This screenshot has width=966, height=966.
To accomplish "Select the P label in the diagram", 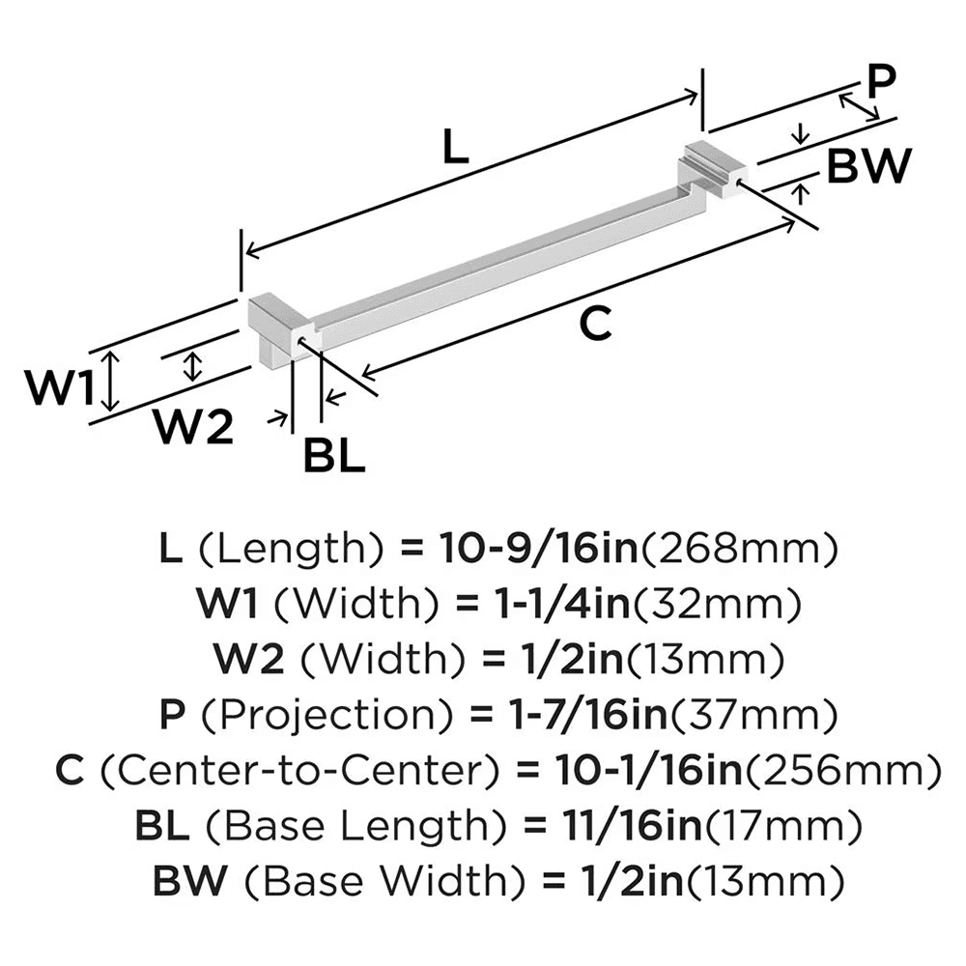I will point(878,83).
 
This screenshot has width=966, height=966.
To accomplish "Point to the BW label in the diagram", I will point(867,167).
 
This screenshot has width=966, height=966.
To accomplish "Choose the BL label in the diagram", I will point(334,455).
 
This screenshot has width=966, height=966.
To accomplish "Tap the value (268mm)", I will point(739,551).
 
